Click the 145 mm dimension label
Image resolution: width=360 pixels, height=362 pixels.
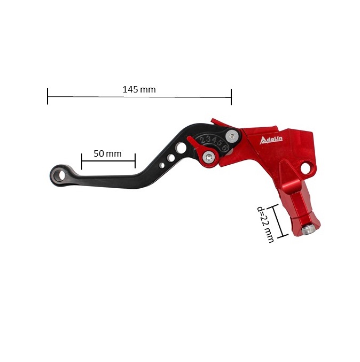139,89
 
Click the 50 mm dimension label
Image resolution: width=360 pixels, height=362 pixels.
107,153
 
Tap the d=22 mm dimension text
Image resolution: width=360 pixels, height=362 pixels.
265,224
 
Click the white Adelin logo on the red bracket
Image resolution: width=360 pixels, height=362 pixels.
271,140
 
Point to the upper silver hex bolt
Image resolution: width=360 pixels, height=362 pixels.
232,136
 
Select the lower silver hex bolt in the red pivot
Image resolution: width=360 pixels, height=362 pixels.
208,158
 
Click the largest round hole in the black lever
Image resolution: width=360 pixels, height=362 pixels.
181,148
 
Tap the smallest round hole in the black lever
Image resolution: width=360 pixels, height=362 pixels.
162,165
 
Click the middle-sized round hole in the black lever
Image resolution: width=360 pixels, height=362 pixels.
171,158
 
